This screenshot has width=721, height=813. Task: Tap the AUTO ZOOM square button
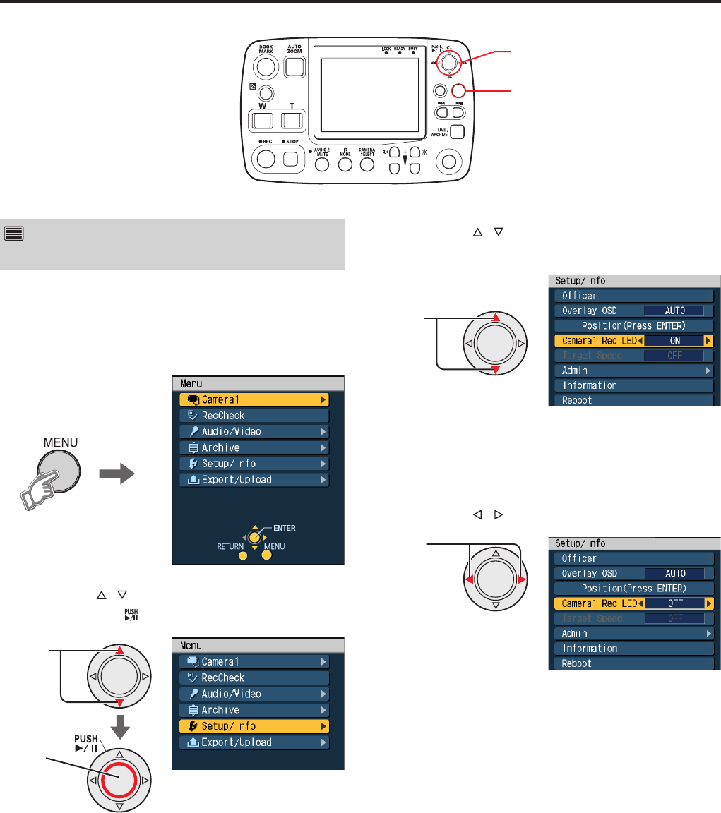[293, 67]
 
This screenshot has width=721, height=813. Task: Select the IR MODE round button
[345, 164]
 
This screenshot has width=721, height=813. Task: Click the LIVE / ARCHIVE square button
[458, 132]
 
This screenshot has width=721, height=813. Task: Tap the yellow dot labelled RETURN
[242, 555]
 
